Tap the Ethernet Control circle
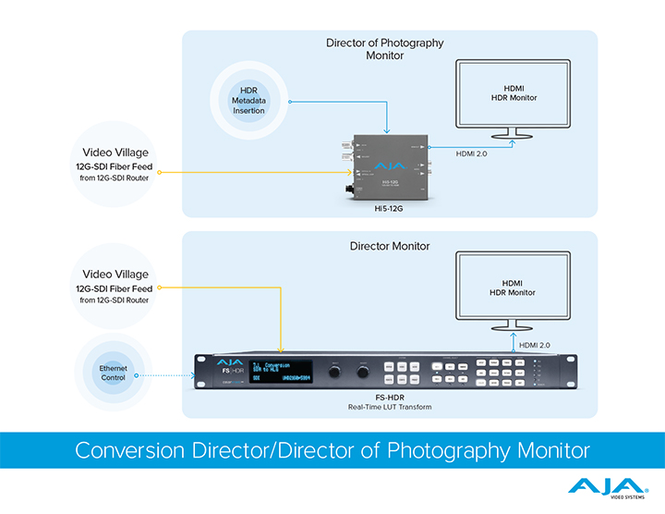(115, 373)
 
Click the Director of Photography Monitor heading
(384, 49)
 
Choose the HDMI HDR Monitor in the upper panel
(514, 94)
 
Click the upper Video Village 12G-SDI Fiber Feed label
(115, 164)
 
